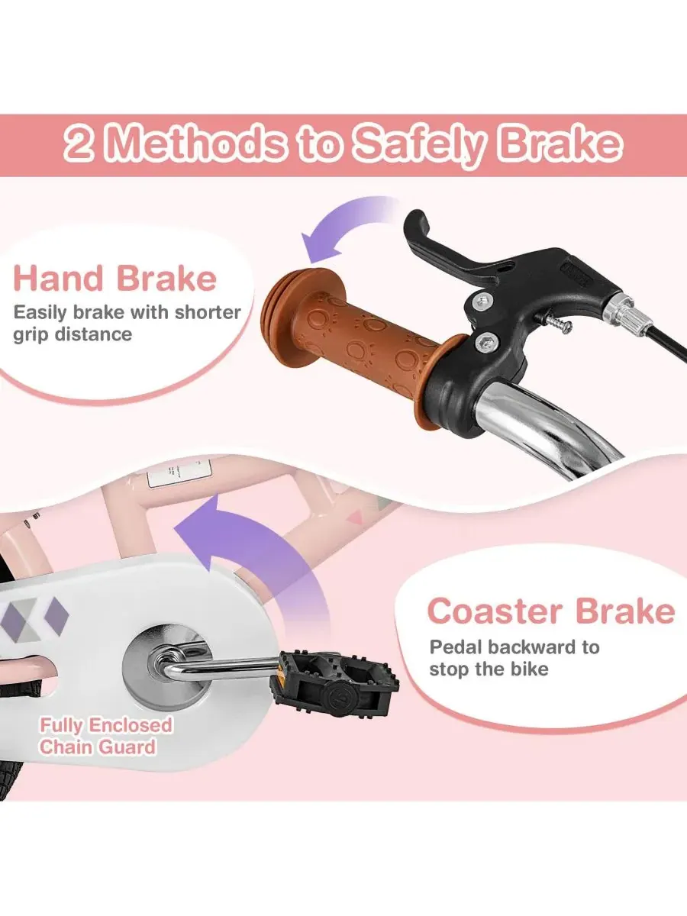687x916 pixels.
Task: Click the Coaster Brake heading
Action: (x=551, y=611)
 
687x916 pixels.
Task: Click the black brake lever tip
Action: (x=414, y=221)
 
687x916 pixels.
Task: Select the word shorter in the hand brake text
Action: (x=208, y=312)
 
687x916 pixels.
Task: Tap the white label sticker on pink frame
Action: (x=179, y=473)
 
